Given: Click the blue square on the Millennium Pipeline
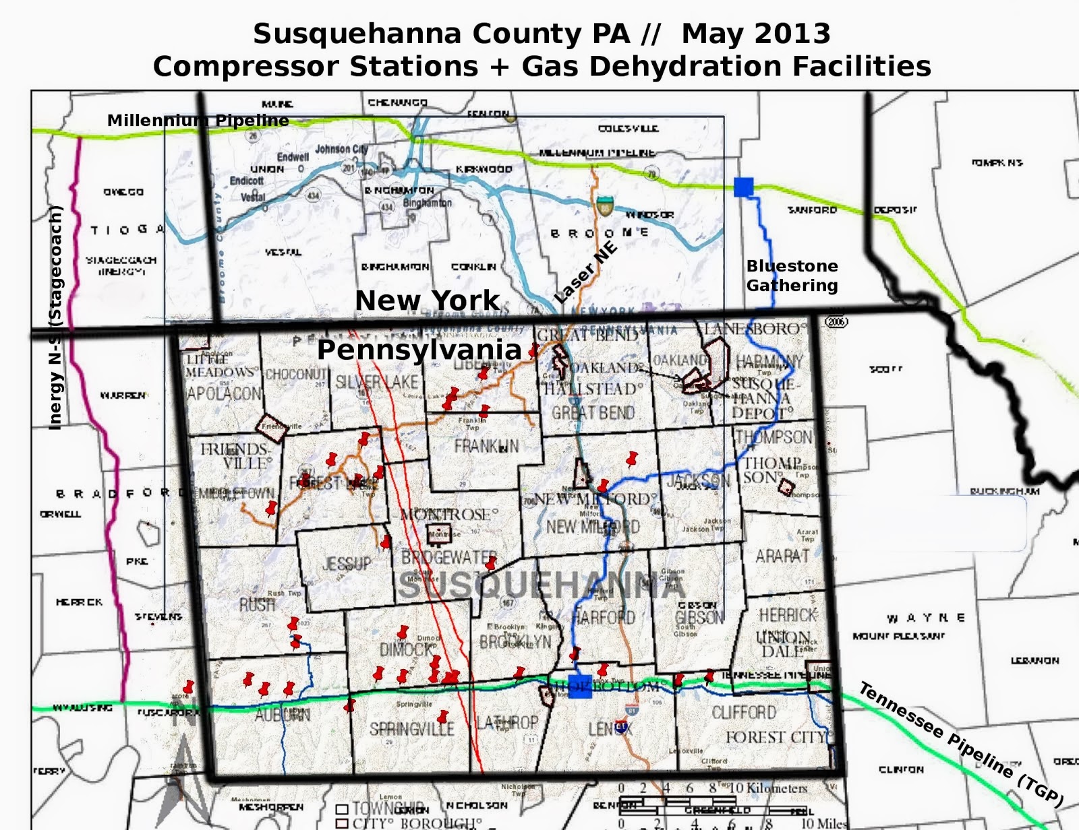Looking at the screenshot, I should (743, 187).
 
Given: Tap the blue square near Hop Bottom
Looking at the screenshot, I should (580, 686).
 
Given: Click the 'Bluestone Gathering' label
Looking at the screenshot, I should (792, 276).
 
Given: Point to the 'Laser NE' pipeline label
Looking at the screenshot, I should (585, 272).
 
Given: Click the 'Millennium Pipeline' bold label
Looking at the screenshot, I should (198, 121).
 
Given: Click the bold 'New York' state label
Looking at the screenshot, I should (427, 300).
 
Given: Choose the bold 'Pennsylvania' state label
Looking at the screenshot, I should (419, 350).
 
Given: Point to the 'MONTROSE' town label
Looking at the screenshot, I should (449, 515).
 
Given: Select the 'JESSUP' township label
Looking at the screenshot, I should (347, 563).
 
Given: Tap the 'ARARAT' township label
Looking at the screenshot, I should (782, 556).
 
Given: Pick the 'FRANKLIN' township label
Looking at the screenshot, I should (486, 446).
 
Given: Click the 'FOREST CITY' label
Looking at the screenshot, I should (776, 737).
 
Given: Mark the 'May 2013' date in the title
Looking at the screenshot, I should (755, 34).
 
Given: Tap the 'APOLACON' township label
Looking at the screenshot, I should (224, 393).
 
